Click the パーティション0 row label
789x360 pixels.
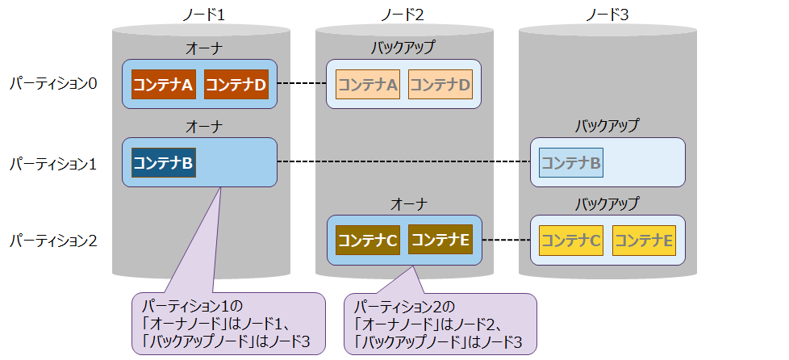53,84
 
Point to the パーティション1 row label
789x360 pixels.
53,164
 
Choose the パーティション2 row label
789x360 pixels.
53,240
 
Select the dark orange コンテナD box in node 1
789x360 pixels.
236,84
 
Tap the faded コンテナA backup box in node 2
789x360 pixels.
367,84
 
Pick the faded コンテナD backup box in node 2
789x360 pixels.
440,84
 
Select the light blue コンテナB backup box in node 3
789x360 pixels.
570,164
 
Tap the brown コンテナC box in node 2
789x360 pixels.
367,240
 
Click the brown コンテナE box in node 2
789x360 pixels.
440,240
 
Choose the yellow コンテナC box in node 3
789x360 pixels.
570,241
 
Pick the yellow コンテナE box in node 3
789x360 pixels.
644,241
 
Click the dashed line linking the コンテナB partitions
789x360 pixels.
403,163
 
